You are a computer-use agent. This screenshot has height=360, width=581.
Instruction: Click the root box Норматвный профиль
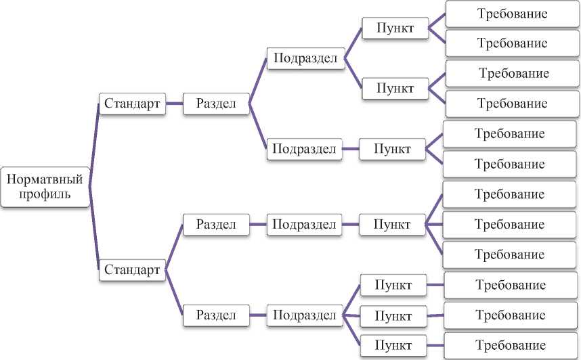pyautogui.click(x=45, y=187)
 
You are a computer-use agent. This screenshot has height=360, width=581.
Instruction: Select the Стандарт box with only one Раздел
pyautogui.click(x=133, y=104)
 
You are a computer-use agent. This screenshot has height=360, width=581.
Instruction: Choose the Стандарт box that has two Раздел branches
pyautogui.click(x=133, y=270)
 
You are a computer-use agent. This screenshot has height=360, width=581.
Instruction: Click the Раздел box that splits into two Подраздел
pyautogui.click(x=216, y=104)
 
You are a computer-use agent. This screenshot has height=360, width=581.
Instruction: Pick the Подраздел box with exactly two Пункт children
pyautogui.click(x=305, y=58)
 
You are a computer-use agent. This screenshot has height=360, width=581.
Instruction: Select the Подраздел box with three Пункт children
pyautogui.click(x=305, y=315)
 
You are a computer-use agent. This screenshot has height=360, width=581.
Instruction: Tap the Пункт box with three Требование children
pyautogui.click(x=392, y=224)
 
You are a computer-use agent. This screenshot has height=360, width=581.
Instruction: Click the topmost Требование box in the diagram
pyautogui.click(x=512, y=14)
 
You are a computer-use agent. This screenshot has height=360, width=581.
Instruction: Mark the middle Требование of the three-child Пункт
pyautogui.click(x=509, y=224)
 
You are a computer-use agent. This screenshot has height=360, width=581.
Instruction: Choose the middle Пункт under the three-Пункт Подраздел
pyautogui.click(x=393, y=315)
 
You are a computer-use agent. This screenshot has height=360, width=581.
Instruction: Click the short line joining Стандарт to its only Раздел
pyautogui.click(x=175, y=104)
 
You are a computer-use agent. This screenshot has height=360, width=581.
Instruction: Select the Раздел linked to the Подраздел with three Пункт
pyautogui.click(x=216, y=315)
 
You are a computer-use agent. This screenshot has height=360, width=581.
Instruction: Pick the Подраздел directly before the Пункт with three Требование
pyautogui.click(x=304, y=224)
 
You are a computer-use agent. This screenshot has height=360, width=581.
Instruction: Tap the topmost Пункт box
pyautogui.click(x=395, y=28)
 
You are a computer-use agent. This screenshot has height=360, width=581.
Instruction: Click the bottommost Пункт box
pyautogui.click(x=393, y=344)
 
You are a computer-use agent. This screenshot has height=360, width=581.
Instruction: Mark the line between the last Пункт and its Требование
pyautogui.click(x=435, y=344)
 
